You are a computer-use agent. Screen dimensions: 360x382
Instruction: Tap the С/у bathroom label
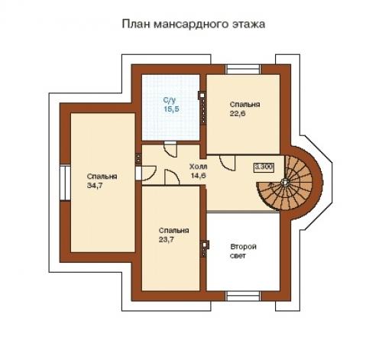(x=170, y=101)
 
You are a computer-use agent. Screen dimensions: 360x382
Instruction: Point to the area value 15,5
(x=170, y=110)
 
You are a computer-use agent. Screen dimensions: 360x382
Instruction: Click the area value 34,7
(x=96, y=185)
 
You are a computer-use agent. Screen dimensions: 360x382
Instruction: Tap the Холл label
(x=198, y=166)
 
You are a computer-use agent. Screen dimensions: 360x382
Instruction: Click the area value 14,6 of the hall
(x=199, y=175)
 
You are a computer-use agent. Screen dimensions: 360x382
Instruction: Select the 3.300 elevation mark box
(x=264, y=166)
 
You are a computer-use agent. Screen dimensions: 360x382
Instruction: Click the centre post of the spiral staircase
(x=284, y=183)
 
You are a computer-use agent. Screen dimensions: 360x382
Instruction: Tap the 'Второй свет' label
(x=243, y=251)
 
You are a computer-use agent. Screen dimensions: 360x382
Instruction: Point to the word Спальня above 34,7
(x=96, y=175)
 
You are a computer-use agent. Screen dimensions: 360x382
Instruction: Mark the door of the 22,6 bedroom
(x=227, y=163)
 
